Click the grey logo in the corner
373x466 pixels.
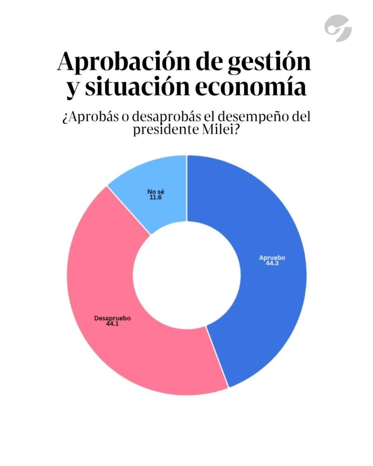pyautogui.click(x=338, y=28)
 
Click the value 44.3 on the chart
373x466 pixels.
pyautogui.click(x=272, y=264)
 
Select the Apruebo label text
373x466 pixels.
pyautogui.click(x=272, y=258)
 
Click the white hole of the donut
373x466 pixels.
pyautogui.click(x=186, y=275)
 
